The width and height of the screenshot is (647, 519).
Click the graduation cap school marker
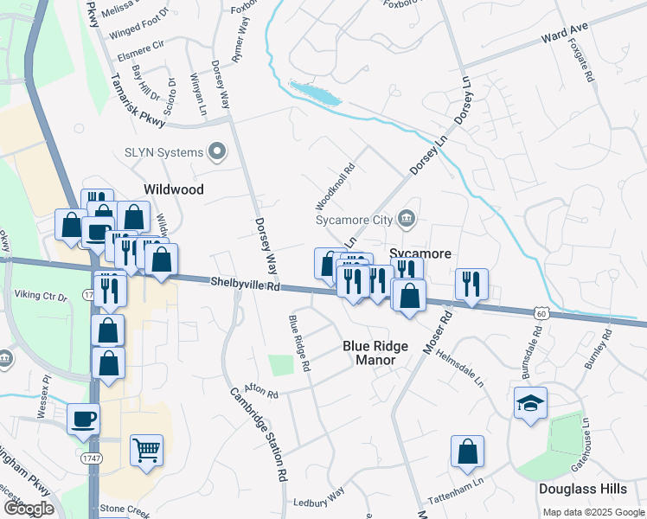pyautogui.click(x=530, y=403)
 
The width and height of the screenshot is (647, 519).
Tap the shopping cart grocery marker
pyautogui.click(x=146, y=449)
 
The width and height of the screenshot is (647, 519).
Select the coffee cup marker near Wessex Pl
pyautogui.click(x=84, y=419)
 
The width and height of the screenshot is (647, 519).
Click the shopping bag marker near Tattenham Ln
pyautogui.click(x=467, y=452)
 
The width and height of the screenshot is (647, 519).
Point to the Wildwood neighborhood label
pyautogui.click(x=174, y=189)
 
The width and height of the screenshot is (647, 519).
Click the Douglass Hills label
pyautogui.click(x=582, y=489)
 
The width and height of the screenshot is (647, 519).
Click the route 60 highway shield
pyautogui.click(x=541, y=311)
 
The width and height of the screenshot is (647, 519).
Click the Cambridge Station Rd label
pyautogui.click(x=258, y=433)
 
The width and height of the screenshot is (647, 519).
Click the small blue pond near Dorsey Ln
pyautogui.click(x=316, y=92)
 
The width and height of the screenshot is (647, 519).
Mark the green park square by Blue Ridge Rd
pyautogui.click(x=281, y=364)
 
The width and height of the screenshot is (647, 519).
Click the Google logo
pyautogui.click(x=28, y=509)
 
